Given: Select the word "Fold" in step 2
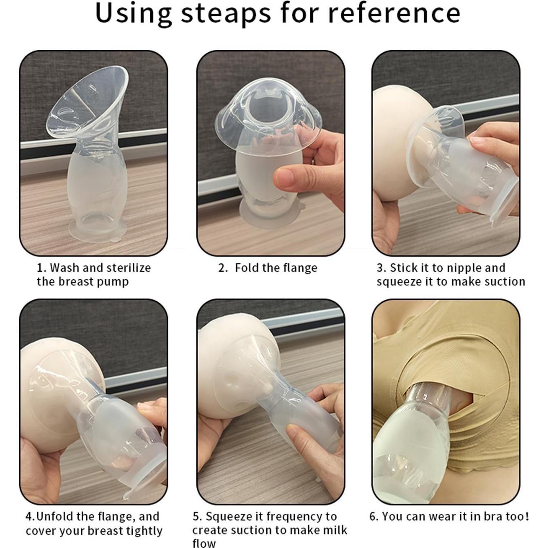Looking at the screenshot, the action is [246, 267].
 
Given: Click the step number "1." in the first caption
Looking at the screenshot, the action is [42, 268].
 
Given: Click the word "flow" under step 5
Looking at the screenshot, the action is [204, 543].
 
